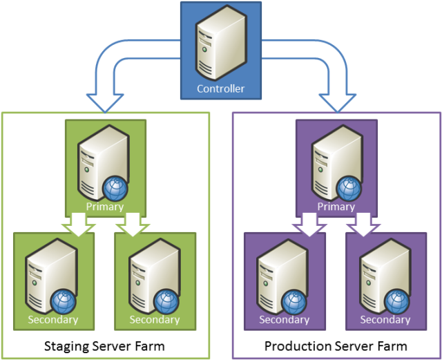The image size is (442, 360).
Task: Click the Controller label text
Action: (x=220, y=88)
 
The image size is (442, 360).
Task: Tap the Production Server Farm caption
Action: (x=336, y=345)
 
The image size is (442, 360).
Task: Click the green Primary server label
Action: (x=105, y=206)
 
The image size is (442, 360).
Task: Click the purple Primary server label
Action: (x=336, y=206)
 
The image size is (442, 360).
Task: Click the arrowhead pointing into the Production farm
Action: (x=337, y=103)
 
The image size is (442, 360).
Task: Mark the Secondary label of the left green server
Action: (x=53, y=319)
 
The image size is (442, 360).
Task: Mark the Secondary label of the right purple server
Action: (x=385, y=319)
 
